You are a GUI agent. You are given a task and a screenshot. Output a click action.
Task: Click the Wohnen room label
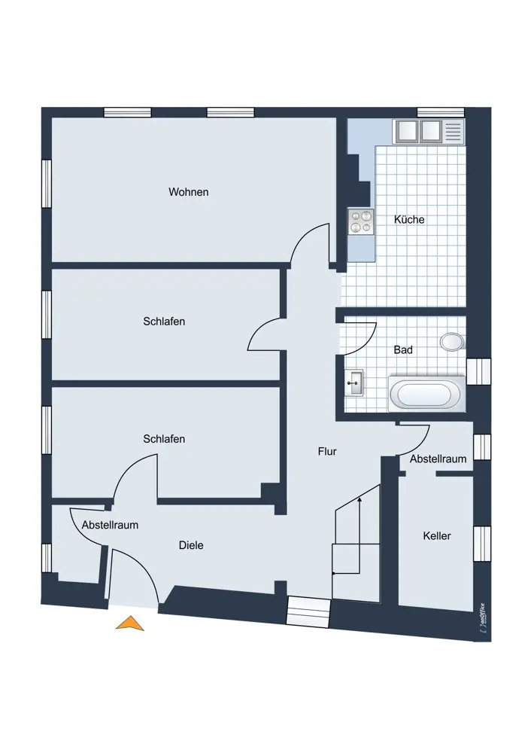coord(189,192)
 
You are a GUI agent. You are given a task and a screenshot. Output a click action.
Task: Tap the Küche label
coord(409,219)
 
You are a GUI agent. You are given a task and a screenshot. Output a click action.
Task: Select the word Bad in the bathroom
coord(403,349)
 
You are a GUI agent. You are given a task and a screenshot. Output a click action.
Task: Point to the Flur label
coord(327,451)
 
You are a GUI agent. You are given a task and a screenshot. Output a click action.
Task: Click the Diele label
coord(191,545)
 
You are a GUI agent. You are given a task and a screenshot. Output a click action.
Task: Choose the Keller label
coord(437,535)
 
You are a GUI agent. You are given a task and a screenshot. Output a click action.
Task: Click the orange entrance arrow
coord(130,623)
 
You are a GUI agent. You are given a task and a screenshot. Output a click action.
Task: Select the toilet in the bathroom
coord(452,341)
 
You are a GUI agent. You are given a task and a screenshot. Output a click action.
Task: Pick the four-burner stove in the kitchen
coord(361,222)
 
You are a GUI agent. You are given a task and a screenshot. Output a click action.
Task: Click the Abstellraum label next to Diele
coord(110,525)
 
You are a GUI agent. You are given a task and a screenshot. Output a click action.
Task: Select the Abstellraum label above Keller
coord(438,459)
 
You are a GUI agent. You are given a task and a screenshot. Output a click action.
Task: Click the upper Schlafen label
coord(164,322)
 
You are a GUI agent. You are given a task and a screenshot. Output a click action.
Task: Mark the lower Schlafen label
coord(164,438)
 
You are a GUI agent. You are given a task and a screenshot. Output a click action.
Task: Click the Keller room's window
coord(482,543)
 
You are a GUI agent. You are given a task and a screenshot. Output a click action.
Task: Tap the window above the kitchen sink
coord(441,112)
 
